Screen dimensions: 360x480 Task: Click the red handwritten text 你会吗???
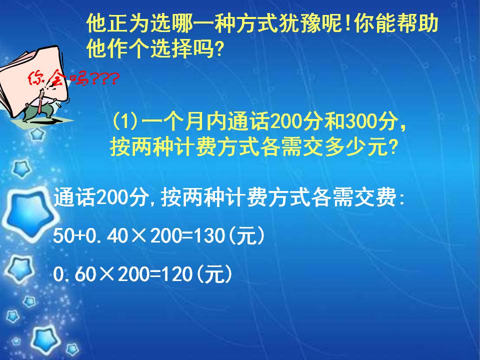[72, 78]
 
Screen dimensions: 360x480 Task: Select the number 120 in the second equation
[176, 274]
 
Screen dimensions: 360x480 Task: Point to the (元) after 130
[245, 236]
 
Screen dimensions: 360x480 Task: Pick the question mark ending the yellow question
[393, 147]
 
